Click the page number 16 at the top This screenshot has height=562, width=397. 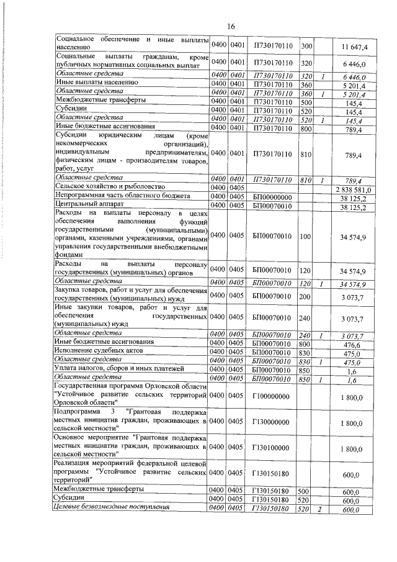[231, 26]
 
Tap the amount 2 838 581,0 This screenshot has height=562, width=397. [353, 189]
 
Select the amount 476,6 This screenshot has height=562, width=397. [356, 343]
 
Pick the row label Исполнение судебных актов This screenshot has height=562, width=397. [99, 351]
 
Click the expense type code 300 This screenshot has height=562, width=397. [306, 47]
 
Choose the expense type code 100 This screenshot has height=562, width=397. [305, 237]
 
